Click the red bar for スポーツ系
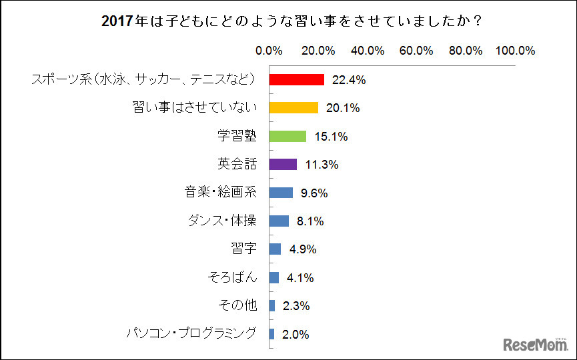[x=296, y=80]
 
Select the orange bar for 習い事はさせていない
[x=294, y=108]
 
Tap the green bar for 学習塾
[x=287, y=137]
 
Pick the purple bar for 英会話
[x=283, y=165]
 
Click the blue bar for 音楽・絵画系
[x=281, y=193]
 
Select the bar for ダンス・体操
[x=279, y=221]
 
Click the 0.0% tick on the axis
[x=269, y=51]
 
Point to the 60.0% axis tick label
[x=416, y=51]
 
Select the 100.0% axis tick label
[x=516, y=51]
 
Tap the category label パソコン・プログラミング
[x=191, y=334]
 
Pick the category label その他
[x=237, y=306]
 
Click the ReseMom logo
[x=534, y=345]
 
